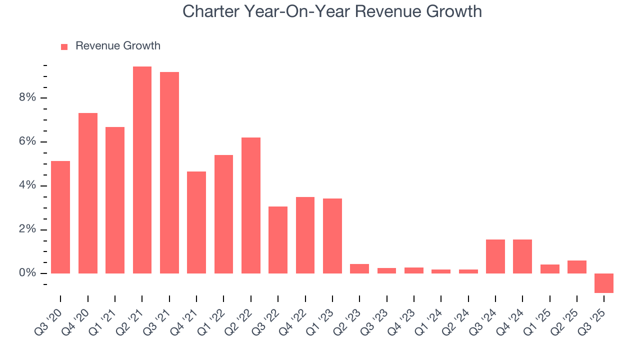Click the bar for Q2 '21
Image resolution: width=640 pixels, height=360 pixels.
tap(142, 170)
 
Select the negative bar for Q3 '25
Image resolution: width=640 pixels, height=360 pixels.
tap(604, 283)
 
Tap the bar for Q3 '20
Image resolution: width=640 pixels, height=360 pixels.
tap(60, 217)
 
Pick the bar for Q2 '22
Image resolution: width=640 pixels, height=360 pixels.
tap(251, 205)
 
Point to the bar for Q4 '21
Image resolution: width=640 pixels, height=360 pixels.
tap(196, 222)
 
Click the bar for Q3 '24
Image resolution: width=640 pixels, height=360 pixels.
tap(495, 256)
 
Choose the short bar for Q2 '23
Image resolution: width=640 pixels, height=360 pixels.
tap(359, 269)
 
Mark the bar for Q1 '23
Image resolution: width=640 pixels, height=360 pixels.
tap(332, 236)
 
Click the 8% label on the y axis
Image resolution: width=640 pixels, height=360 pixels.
tap(28, 97)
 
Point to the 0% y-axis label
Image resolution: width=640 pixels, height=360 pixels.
tap(28, 273)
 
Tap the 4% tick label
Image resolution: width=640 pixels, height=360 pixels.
tap(28, 185)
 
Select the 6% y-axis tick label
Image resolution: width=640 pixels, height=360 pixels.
tap(28, 141)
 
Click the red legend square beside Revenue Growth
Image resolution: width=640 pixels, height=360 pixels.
tap(64, 46)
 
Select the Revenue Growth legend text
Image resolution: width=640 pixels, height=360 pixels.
tap(118, 46)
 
